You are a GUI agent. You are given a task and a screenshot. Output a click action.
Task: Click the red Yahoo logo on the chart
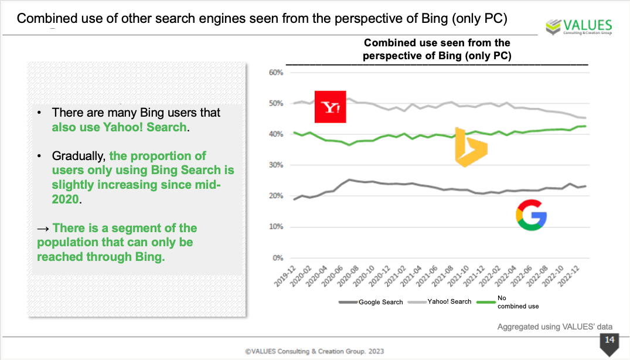tap(331, 107)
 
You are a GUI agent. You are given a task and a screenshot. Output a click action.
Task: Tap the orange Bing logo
tap(471, 147)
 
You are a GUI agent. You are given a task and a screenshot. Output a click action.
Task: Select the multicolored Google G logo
tap(531, 215)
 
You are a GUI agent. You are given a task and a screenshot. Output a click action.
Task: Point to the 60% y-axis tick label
tap(275, 73)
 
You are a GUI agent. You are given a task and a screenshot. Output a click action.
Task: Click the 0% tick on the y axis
tap(278, 258)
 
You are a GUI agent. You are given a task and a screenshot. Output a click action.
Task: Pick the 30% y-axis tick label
tap(275, 165)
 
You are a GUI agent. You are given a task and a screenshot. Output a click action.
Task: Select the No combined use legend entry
tap(517, 302)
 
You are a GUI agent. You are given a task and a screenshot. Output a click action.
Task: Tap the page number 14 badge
tap(609, 341)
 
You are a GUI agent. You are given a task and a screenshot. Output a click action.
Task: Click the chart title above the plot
tap(437, 50)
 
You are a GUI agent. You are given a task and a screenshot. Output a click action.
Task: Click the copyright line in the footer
tap(315, 351)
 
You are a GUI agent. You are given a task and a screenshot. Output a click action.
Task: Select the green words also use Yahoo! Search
tap(119, 127)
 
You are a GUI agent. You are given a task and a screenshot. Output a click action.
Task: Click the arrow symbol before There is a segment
tap(43, 228)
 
